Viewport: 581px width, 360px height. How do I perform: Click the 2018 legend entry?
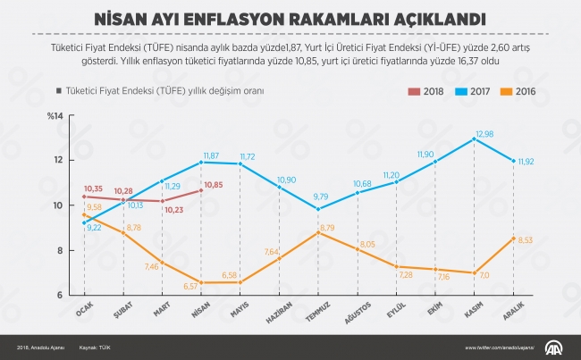428,91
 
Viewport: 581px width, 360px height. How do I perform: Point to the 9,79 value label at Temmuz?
320,196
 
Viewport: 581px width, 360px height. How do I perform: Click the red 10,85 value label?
215,186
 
